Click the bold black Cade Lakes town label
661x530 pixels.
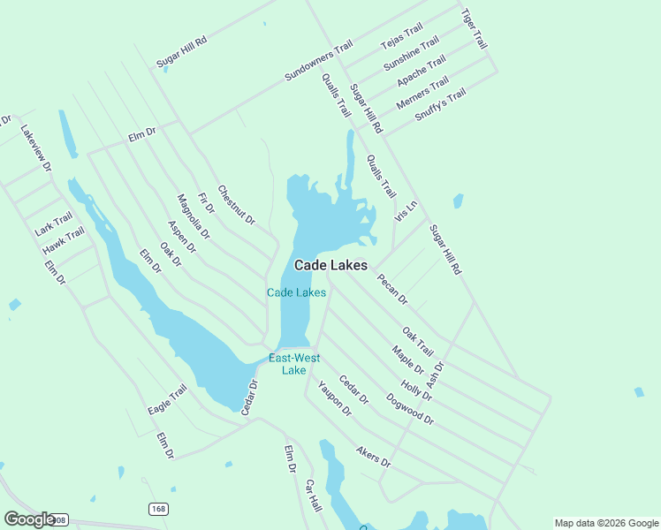(330, 265)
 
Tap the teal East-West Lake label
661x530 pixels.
(294, 364)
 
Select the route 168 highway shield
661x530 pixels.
(157, 509)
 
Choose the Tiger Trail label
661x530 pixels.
(475, 28)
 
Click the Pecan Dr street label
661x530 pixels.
(391, 290)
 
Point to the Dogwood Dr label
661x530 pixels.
(410, 409)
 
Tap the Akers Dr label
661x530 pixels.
(373, 456)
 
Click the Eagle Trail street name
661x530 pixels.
(168, 399)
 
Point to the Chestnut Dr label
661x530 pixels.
(236, 204)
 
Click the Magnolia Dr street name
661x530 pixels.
(194, 217)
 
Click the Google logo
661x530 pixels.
(29, 519)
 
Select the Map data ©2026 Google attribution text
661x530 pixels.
(605, 523)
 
